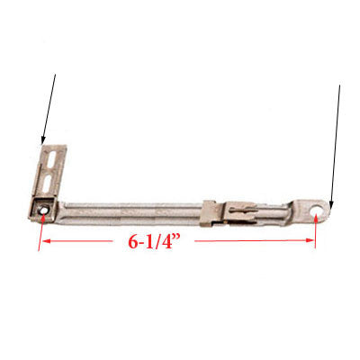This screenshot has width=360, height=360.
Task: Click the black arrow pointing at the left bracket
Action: pos(49,108)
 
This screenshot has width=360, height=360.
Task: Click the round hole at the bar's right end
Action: pos(317,213)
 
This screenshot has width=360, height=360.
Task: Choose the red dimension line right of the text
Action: pos(252,241)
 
